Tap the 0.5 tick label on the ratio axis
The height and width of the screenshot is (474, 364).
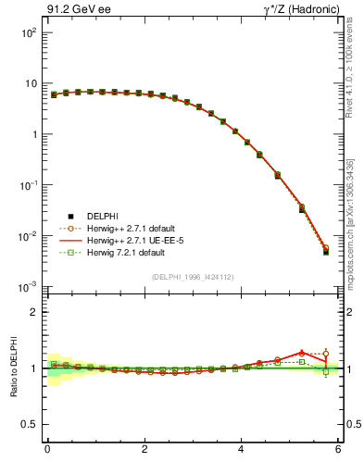[28, 425]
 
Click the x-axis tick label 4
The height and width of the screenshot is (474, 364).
[242, 450]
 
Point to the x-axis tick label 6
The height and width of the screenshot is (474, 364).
[339, 450]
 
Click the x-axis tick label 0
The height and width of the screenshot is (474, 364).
[47, 450]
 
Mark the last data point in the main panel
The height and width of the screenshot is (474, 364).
[326, 251]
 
